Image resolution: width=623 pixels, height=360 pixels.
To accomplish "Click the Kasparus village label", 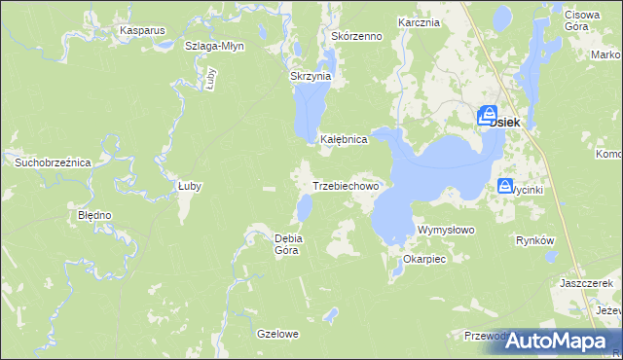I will pyautogui.click(x=142, y=30).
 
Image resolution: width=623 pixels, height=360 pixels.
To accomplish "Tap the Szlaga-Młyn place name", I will pyautogui.click(x=214, y=46).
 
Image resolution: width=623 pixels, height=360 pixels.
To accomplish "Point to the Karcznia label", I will pyautogui.click(x=420, y=21).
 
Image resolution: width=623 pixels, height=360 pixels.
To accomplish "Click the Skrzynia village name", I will pyautogui.click(x=311, y=76).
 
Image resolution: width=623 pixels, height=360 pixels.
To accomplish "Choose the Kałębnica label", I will pyautogui.click(x=344, y=140).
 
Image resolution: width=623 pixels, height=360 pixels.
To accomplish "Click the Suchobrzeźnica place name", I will pyautogui.click(x=52, y=162).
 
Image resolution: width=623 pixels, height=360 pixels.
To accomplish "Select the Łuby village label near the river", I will pyautogui.click(x=189, y=185).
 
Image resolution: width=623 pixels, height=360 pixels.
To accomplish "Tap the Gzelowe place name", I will pyautogui.click(x=277, y=334).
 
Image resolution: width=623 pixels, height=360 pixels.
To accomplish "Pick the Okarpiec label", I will pyautogui.click(x=423, y=260).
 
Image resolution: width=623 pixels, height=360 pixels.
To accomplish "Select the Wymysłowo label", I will pyautogui.click(x=445, y=230).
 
